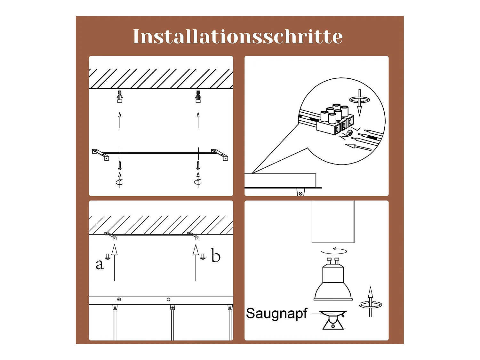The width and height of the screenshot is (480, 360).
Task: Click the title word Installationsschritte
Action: pos(238,36)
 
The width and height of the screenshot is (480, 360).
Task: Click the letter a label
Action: pos(99,264)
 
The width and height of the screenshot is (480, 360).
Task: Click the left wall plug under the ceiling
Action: pos(120,97)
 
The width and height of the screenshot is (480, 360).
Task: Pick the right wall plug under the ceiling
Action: pos(198,97)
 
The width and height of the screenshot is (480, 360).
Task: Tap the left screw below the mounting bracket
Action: pos(120,165)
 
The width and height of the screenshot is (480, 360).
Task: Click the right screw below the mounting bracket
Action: pos(198,165)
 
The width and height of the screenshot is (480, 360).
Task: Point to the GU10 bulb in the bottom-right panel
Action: pos(333,280)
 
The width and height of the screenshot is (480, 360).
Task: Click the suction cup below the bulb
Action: pos(333,320)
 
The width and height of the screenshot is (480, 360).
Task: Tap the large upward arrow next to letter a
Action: pos(114,262)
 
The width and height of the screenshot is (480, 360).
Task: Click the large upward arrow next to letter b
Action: pos(196,262)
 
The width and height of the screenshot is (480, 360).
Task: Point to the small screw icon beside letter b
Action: pos(203,257)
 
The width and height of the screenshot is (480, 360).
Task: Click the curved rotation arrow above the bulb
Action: pos(334,251)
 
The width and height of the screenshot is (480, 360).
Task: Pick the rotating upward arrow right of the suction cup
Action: pos(370,302)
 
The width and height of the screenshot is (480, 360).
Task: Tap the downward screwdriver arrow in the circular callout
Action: pos(359,102)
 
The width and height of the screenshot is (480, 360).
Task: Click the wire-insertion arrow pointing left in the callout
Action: pos(358,147)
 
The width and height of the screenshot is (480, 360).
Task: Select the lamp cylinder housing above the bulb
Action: pos(333,222)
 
